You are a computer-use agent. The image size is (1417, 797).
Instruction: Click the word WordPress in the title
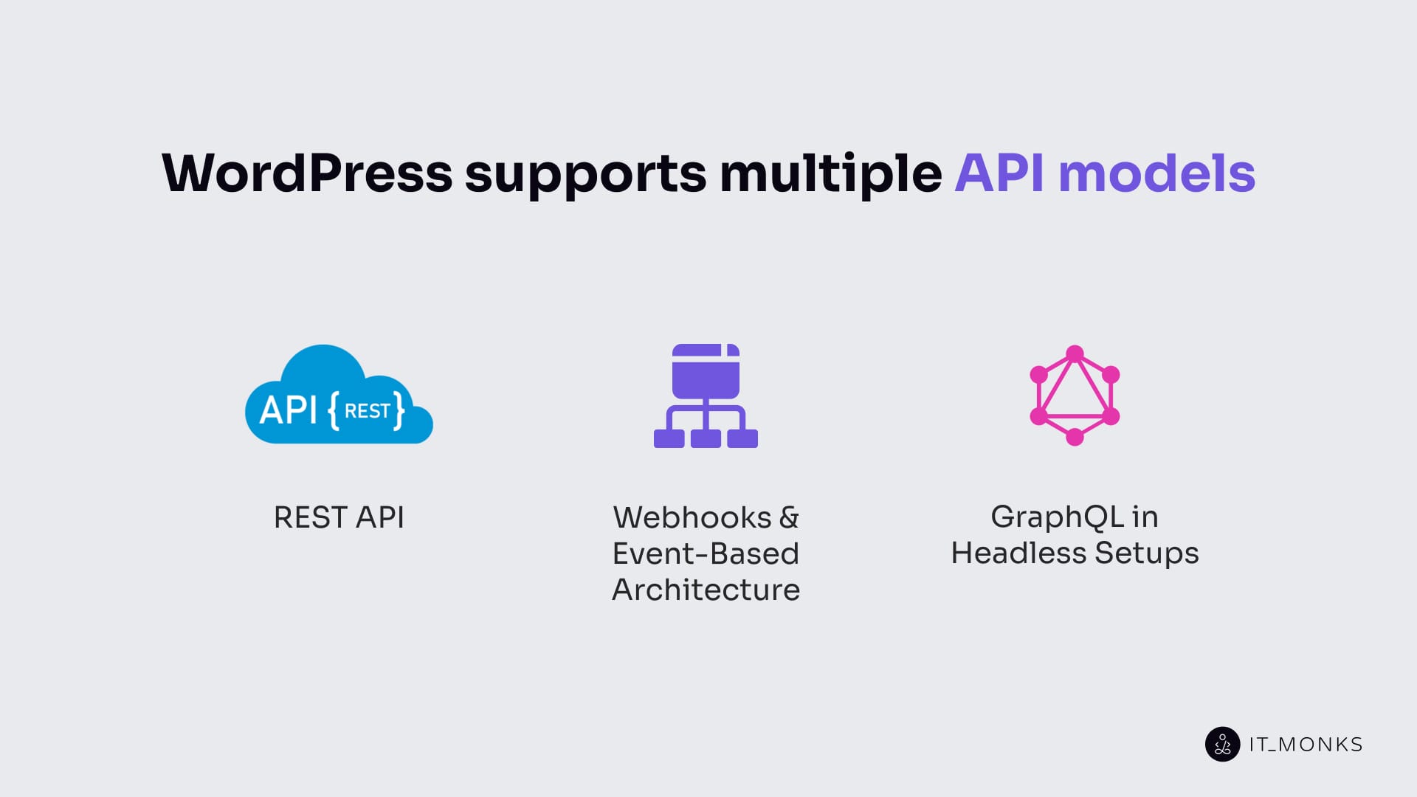tap(306, 173)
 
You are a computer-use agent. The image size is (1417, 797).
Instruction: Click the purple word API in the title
tap(999, 173)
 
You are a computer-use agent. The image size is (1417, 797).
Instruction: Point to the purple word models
tap(1156, 173)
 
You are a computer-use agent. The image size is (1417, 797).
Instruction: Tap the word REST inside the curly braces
tap(367, 410)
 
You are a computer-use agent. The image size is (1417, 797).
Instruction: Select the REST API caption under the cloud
tap(339, 517)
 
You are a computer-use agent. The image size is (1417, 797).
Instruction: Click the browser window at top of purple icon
tap(706, 371)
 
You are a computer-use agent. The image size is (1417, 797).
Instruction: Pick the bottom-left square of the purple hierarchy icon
tap(669, 438)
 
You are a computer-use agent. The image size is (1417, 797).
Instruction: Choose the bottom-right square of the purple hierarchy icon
tap(742, 438)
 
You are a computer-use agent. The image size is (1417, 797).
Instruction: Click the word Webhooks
tap(692, 517)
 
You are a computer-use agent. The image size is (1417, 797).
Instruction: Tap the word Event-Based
tap(706, 553)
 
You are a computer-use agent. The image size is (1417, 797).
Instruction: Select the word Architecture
tap(706, 590)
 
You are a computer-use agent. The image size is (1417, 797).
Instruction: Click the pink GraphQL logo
tap(1075, 396)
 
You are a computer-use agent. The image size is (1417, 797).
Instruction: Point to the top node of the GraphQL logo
tap(1075, 353)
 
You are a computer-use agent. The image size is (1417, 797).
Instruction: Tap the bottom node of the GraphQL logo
tap(1075, 437)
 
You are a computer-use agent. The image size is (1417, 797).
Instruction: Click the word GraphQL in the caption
tap(1057, 517)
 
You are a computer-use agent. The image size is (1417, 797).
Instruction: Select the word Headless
tap(1018, 553)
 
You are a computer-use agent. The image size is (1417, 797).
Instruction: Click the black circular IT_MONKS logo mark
tap(1222, 744)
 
